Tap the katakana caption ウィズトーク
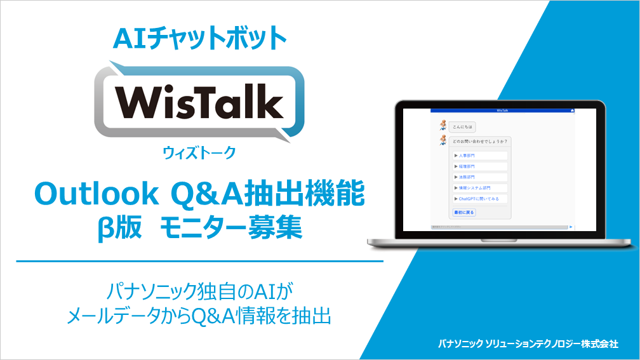pyautogui.click(x=199, y=152)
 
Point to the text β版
pyautogui.click(x=116, y=228)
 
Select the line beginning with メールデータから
pyautogui.click(x=199, y=316)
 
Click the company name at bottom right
pyautogui.click(x=528, y=343)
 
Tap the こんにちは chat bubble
pyautogui.click(x=462, y=126)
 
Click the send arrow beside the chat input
pyautogui.click(x=571, y=226)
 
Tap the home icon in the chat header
pyautogui.click(x=572, y=110)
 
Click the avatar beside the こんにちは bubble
pyautogui.click(x=443, y=125)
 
